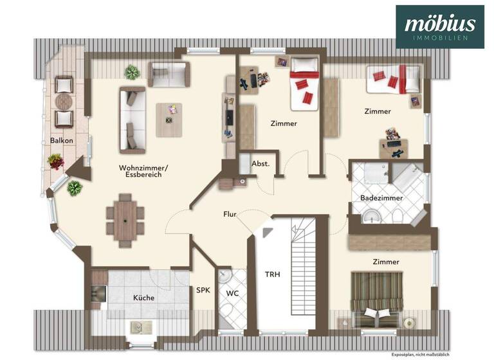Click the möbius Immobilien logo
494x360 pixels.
[439, 26]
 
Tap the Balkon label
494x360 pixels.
[62, 140]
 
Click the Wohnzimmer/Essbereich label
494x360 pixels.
[140, 171]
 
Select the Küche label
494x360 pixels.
[143, 298]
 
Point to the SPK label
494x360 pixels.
[203, 291]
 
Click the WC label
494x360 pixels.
[232, 294]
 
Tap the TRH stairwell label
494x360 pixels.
[273, 274]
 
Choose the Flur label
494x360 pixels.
[231, 214]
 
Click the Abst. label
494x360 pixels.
[260, 163]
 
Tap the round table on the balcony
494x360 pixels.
[64, 102]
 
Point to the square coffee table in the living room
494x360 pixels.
[170, 120]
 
